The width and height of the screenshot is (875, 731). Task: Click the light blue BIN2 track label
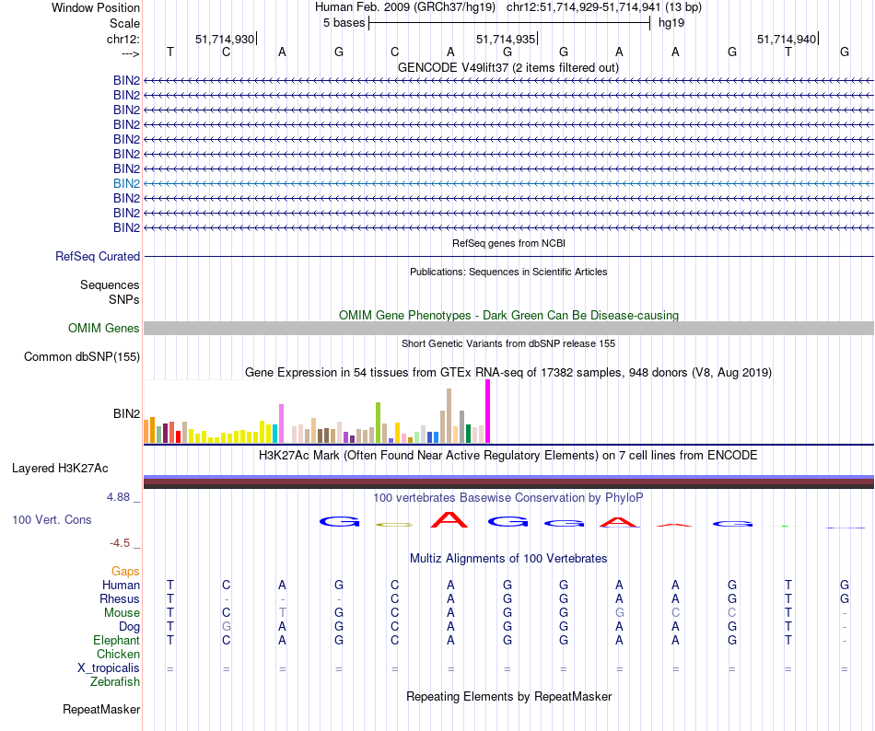126,183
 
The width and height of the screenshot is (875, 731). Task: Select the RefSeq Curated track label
98,257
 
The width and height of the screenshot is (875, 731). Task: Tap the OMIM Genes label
104,329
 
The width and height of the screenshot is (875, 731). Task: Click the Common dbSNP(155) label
82,357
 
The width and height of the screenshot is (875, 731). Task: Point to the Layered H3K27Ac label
76,468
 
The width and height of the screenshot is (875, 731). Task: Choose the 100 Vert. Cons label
52,520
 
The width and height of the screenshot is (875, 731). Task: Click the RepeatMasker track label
101,710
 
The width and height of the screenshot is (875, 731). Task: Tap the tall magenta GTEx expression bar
487,411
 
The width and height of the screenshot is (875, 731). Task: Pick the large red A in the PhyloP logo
449,521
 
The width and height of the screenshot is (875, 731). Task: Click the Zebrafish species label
115,682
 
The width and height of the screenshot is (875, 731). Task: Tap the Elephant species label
116,641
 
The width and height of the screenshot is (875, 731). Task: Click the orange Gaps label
125,572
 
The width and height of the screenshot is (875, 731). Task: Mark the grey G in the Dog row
226,627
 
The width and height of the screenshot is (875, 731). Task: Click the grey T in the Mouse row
283,613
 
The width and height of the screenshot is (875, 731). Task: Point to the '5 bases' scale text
344,22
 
